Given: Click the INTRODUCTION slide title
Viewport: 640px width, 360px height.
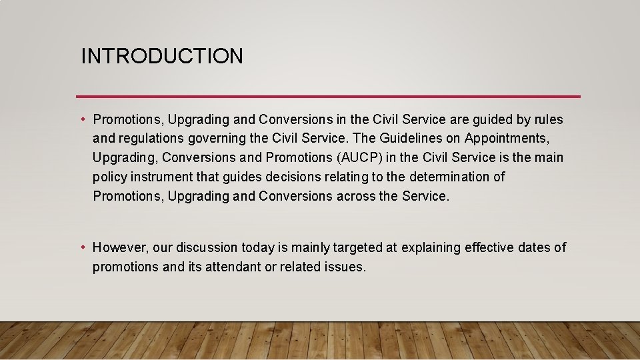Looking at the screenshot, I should (162, 56).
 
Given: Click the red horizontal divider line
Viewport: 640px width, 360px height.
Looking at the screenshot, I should (328, 97).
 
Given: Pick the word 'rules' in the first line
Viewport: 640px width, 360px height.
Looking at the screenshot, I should (548, 120).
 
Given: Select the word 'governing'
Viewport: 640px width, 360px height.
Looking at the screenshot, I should (217, 139).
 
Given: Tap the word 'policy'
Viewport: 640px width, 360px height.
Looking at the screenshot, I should (111, 177).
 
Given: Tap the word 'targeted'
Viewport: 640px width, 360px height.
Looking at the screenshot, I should (357, 248).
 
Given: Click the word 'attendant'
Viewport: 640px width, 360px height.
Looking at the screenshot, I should (231, 267).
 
